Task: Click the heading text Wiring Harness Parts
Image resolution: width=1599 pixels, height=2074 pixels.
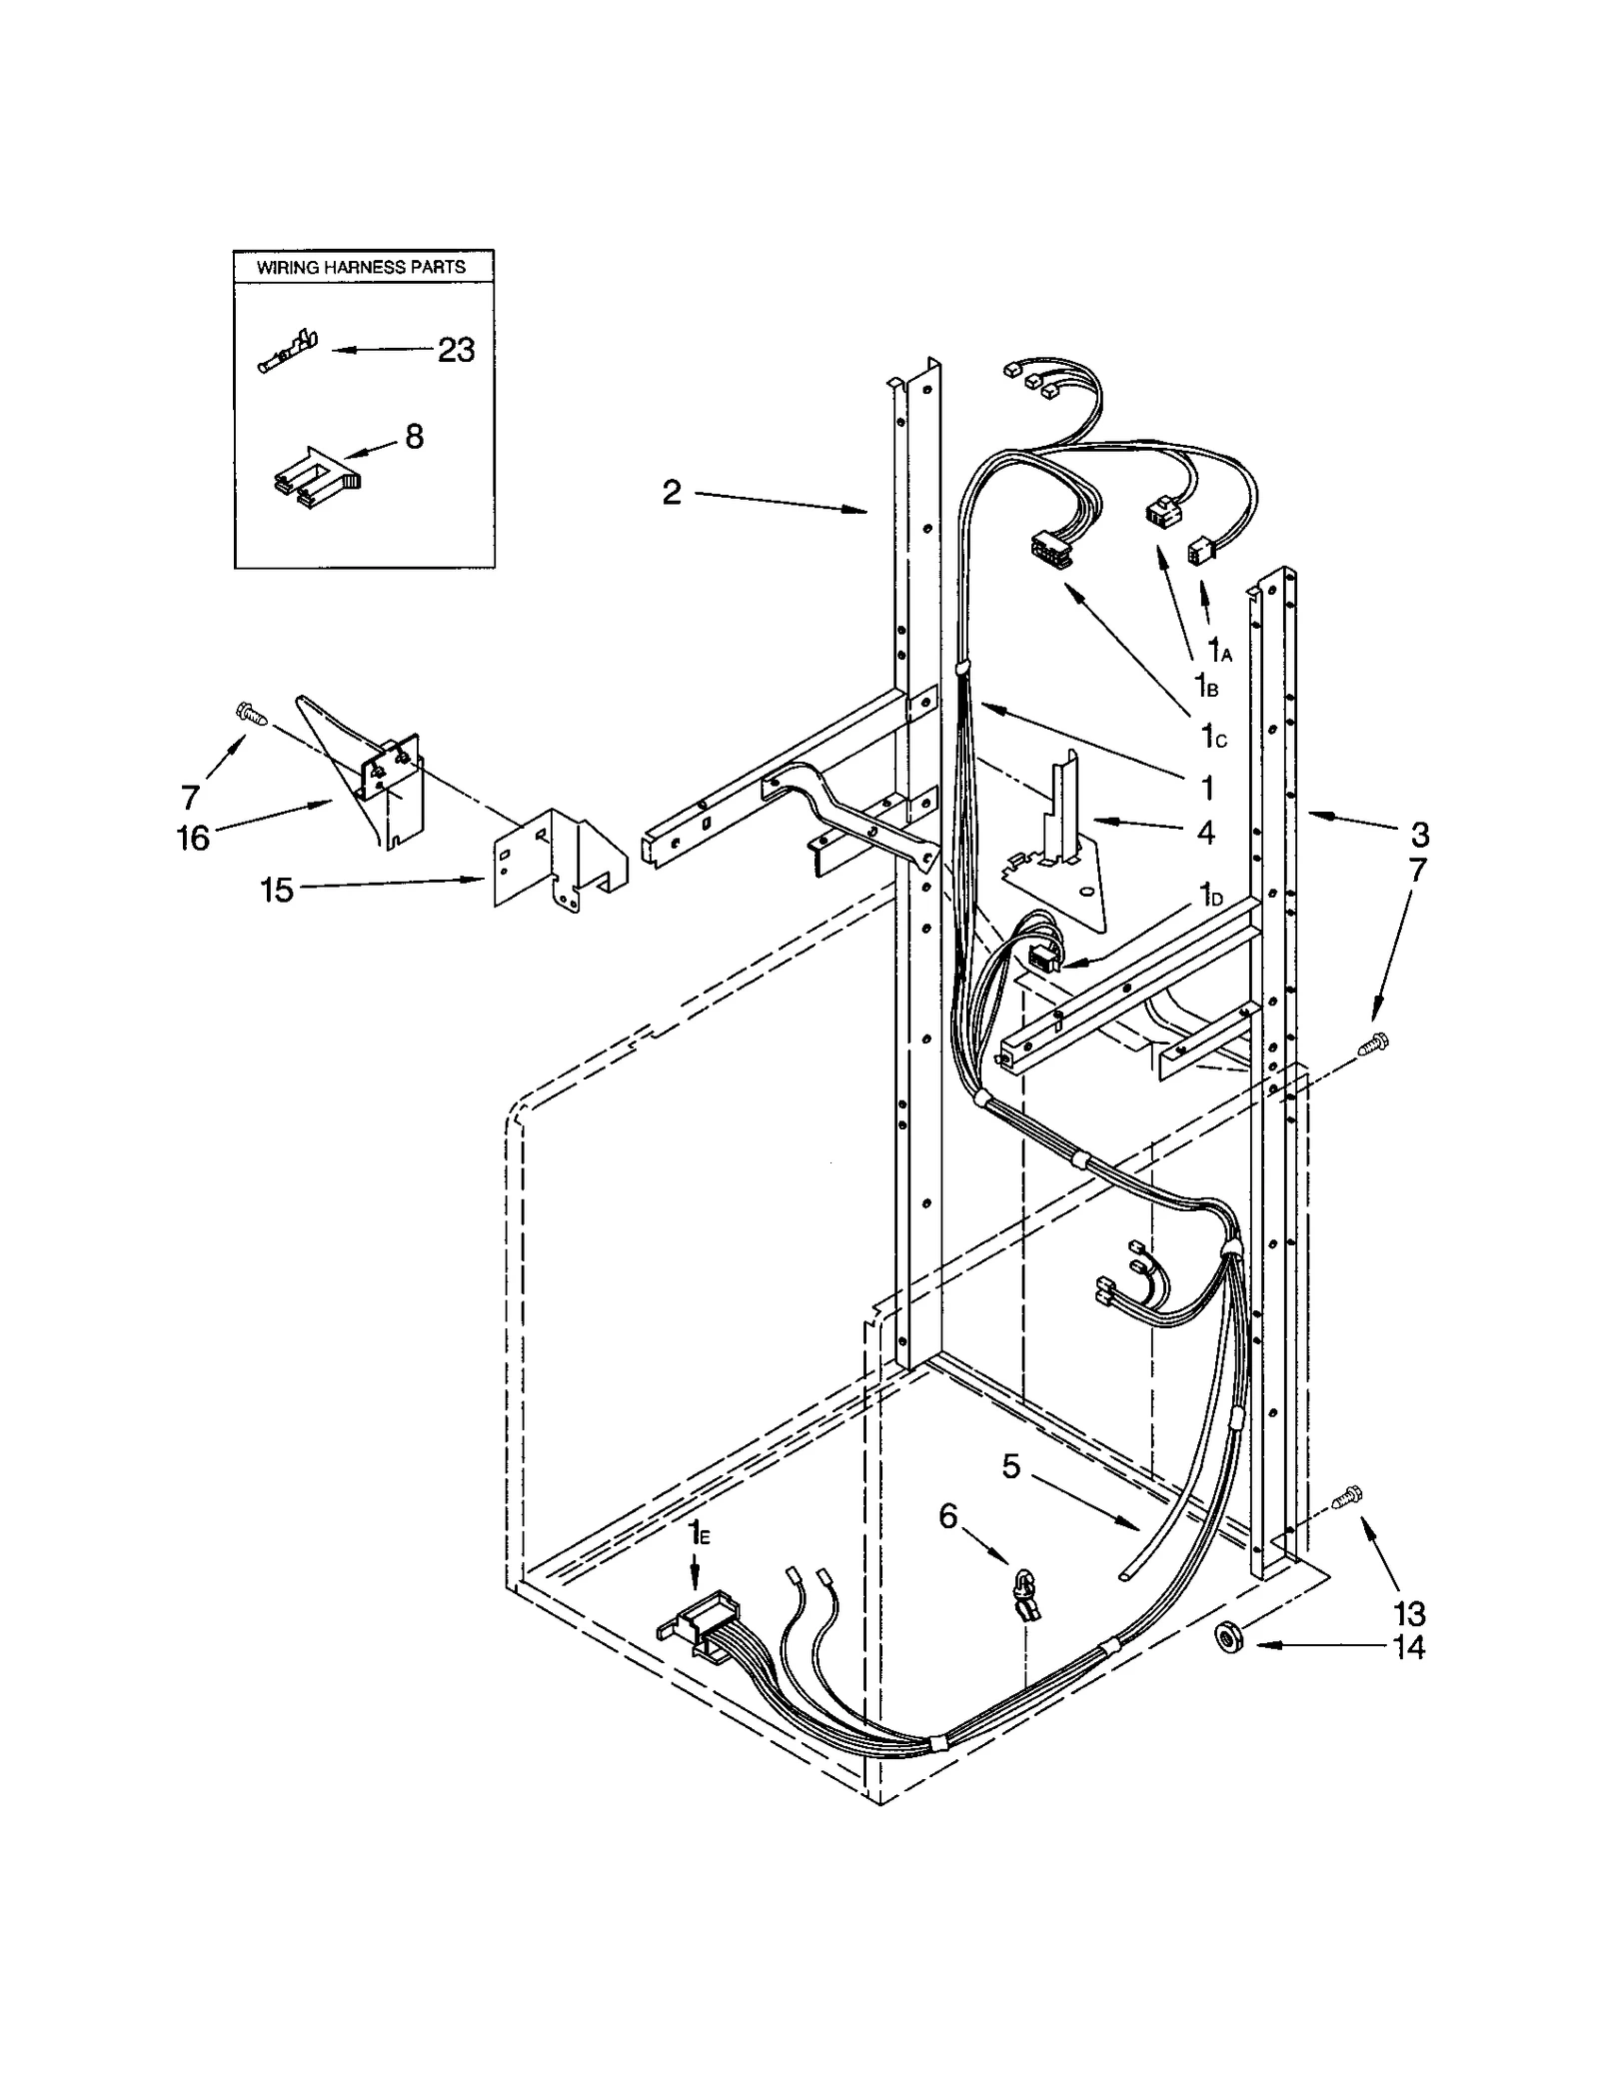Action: [x=361, y=268]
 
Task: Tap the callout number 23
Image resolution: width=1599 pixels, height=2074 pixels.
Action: [x=456, y=350]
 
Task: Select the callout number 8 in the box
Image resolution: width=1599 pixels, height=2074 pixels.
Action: [x=414, y=437]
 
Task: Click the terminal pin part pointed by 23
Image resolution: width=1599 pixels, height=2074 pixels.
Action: [x=287, y=353]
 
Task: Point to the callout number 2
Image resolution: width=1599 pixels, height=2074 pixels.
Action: [x=672, y=492]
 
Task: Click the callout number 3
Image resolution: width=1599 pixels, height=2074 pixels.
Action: [x=1419, y=834]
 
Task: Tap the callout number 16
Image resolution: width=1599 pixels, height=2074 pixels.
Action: [x=193, y=838]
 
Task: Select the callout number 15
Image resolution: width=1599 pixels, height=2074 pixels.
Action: [x=277, y=889]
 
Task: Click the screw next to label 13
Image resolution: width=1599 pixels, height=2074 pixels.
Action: [x=1347, y=1524]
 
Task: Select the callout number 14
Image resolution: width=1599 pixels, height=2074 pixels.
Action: [x=1408, y=1646]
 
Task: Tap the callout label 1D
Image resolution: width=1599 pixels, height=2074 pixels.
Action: [x=1210, y=894]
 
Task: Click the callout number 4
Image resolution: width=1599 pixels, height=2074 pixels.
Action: [x=1205, y=832]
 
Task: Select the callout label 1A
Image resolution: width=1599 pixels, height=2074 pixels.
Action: [x=1219, y=650]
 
